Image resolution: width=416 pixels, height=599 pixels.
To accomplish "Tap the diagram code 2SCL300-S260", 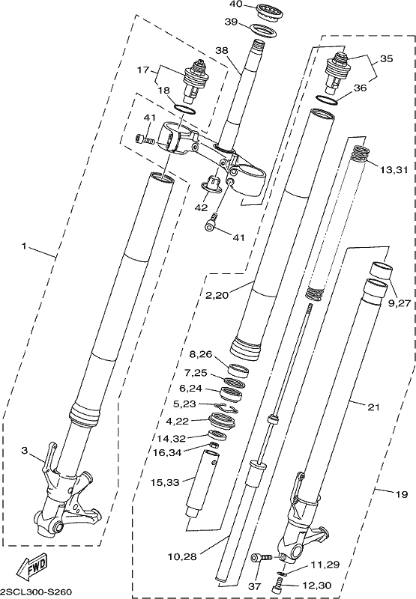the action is click(x=36, y=592).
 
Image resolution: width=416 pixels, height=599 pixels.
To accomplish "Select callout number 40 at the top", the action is click(x=236, y=4).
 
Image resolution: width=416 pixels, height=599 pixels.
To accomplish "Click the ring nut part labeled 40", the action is click(x=270, y=10).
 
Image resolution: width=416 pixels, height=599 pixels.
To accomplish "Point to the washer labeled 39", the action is click(x=263, y=31).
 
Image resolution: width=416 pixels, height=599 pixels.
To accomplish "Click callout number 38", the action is click(x=221, y=50).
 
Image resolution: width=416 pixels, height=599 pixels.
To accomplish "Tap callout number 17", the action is click(x=143, y=70).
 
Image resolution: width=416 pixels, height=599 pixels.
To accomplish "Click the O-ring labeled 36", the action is click(x=328, y=100).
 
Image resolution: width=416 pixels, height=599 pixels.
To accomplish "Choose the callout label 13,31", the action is click(x=394, y=169).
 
